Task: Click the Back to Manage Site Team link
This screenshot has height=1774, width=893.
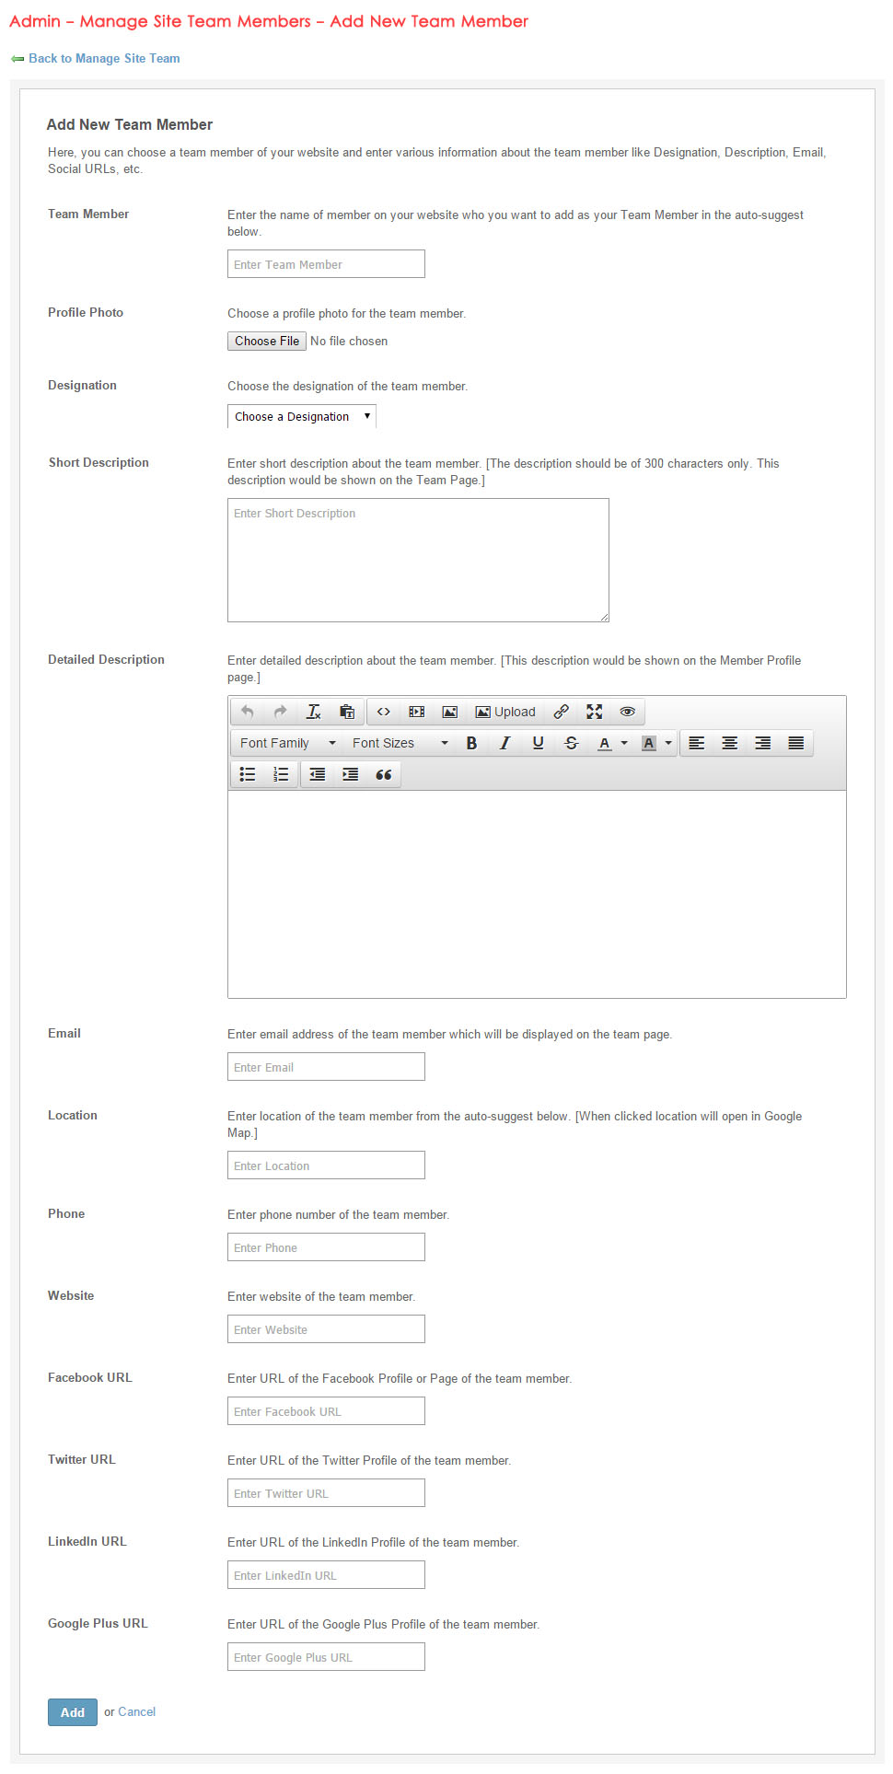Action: (x=104, y=58)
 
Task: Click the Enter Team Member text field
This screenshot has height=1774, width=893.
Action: (x=326, y=264)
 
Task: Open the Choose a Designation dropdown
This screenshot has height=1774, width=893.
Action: (x=301, y=417)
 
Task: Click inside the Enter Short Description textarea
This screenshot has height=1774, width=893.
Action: (x=418, y=560)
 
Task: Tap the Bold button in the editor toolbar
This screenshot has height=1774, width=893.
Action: (x=471, y=743)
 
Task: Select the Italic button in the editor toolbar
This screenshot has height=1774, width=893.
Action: (x=504, y=743)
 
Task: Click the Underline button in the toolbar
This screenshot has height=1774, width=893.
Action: (x=538, y=743)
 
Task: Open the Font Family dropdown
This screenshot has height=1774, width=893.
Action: (x=287, y=743)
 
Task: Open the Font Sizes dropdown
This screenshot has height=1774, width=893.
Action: (x=400, y=743)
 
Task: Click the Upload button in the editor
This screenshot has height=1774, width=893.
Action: (x=504, y=712)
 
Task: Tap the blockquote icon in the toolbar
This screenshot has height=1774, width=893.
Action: (x=383, y=774)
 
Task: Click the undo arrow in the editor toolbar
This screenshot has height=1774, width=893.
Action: (x=247, y=712)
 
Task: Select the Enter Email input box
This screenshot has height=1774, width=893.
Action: (x=326, y=1067)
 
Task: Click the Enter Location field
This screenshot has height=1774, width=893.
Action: (x=326, y=1165)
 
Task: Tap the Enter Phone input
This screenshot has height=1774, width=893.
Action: (x=326, y=1247)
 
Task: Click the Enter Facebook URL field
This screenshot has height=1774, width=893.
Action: (x=326, y=1411)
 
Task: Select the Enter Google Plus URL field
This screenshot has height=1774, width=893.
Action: (x=326, y=1657)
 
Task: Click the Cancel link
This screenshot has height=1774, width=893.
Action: (x=136, y=1712)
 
